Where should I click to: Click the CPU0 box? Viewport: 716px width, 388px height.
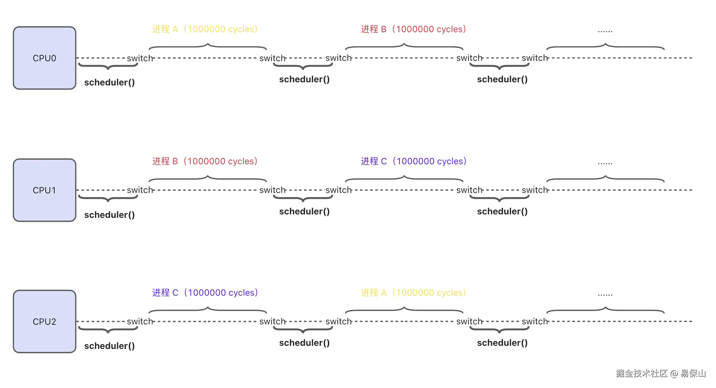44,58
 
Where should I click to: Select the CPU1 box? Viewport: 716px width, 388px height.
44,190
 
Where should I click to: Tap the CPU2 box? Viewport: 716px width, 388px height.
44,322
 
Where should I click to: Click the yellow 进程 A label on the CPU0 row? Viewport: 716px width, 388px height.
205,29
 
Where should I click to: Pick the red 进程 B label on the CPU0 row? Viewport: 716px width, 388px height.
413,29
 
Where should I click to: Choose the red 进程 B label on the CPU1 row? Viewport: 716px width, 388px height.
205,161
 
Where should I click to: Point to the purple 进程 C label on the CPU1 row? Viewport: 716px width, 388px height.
414,161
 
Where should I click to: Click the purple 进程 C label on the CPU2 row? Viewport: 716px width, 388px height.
205,293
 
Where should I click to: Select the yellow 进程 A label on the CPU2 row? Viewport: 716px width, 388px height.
413,293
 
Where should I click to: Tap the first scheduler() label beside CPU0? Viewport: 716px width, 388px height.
109,82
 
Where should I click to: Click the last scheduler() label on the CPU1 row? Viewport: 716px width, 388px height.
502,211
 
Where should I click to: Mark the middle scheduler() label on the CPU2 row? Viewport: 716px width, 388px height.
304,343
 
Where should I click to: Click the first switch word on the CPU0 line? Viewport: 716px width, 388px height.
140,58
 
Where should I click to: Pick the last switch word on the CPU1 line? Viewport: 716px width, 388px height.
535,190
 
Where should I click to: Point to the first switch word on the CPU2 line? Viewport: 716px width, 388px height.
140,321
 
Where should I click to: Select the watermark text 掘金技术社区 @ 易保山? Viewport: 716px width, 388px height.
661,373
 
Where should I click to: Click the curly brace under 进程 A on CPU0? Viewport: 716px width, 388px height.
208,46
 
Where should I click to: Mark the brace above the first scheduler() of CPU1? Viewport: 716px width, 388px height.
108,198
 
